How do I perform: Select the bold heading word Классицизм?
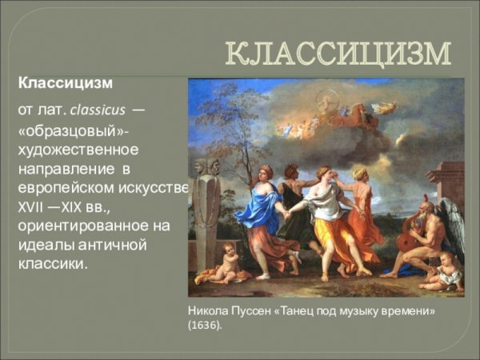click(66, 83)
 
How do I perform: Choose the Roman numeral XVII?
click(33, 206)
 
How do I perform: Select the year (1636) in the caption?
click(205, 326)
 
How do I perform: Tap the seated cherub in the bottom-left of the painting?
click(222, 262)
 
